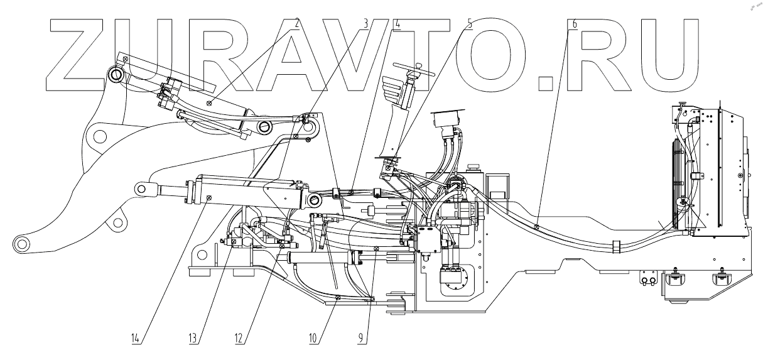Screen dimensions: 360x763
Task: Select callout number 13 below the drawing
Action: [x=195, y=338]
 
